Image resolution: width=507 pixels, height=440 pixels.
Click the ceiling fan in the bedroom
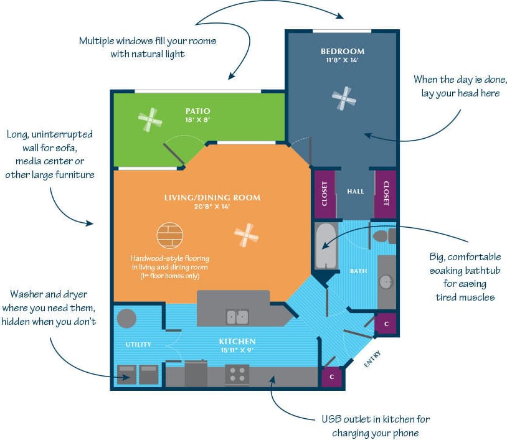click(344, 98)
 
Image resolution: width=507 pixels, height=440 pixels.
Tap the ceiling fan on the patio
click(150, 119)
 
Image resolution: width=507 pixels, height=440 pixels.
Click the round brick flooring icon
click(170, 236)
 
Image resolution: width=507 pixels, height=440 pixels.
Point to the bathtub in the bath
click(325, 246)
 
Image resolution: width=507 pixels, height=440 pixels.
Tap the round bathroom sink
click(386, 281)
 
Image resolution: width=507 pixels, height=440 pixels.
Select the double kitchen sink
click(237, 316)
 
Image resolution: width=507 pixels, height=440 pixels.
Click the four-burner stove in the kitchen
click(237, 373)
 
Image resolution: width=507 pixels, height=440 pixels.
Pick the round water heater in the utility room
click(126, 318)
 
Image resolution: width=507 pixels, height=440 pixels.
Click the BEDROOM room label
click(343, 51)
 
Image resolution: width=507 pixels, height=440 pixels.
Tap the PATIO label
click(197, 111)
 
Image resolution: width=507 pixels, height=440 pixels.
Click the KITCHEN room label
click(237, 342)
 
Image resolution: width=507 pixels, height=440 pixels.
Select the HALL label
click(355, 192)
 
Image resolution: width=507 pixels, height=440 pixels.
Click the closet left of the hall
click(325, 194)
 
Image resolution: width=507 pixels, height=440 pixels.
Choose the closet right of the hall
click(386, 194)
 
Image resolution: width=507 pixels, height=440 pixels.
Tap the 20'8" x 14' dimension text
click(212, 208)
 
